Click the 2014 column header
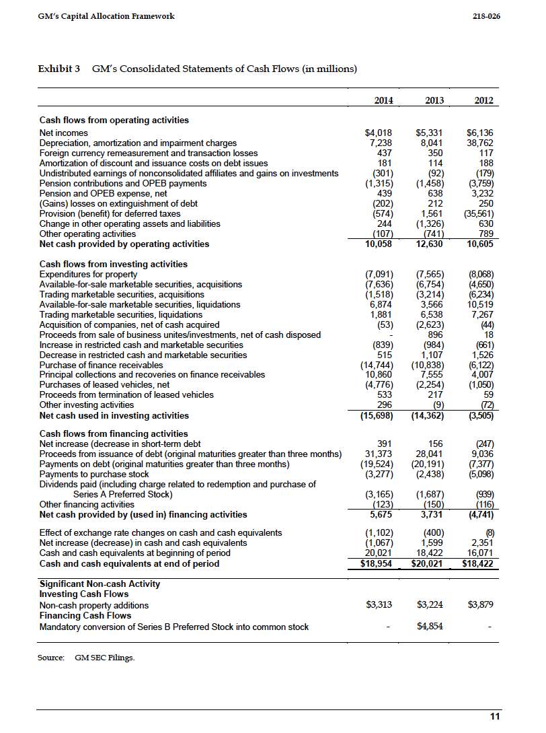pos(383,100)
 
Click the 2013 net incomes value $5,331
pos(429,133)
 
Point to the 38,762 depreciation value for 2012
pos(480,143)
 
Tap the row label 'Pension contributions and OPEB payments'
pos(127,183)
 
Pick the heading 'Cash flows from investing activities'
pos(114,264)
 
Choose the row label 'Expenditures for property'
pos(88,274)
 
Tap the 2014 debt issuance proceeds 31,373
pos(379,454)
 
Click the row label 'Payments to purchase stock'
pos(94,474)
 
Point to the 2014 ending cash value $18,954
pos(377,563)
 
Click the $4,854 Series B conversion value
pos(430,627)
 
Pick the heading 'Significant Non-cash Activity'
pos(100,584)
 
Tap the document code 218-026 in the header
pos(486,15)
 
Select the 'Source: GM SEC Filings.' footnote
pos(86,657)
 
